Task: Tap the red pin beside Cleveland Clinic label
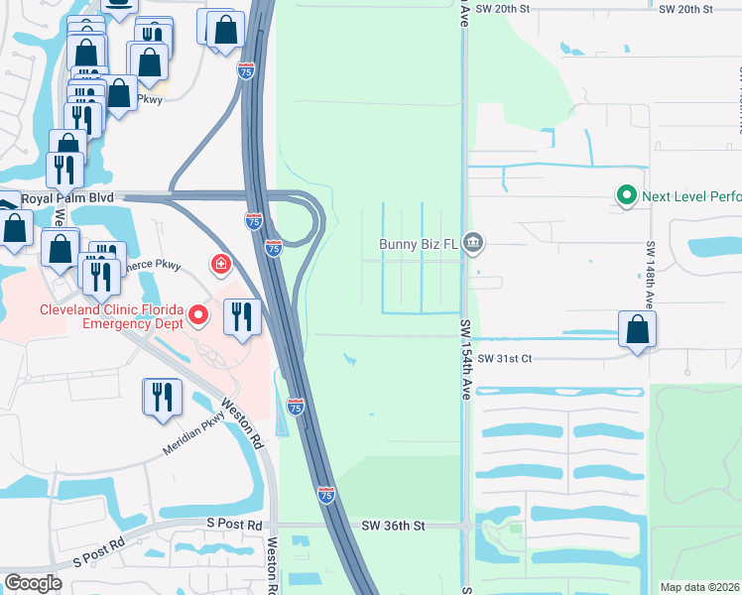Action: (198, 316)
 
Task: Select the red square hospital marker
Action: (220, 264)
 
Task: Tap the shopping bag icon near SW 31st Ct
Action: (636, 330)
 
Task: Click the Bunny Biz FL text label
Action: (420, 243)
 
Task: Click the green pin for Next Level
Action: (626, 195)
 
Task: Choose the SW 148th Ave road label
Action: (651, 273)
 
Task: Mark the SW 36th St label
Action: (393, 526)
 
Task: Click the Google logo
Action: (33, 582)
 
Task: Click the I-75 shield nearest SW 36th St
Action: (326, 493)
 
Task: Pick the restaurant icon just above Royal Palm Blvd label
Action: (64, 170)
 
